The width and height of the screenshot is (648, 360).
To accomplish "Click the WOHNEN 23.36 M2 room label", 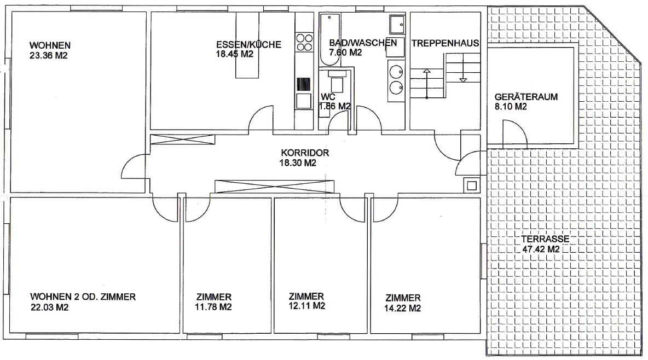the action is click(50, 50).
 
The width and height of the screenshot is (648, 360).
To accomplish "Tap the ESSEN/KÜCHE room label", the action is click(248, 45).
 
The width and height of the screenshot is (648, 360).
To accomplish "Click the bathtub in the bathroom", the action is click(330, 39).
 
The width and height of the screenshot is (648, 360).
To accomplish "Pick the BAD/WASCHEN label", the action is click(363, 43).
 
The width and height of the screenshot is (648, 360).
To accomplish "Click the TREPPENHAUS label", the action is click(445, 43).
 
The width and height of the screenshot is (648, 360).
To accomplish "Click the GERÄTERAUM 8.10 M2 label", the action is click(526, 101).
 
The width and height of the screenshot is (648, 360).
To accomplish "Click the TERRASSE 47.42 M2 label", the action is click(545, 244).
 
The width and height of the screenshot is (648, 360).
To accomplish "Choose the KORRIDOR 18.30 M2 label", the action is click(305, 158).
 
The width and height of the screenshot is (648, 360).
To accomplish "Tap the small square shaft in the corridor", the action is click(472, 185).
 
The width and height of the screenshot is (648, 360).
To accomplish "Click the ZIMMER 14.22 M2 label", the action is click(402, 303).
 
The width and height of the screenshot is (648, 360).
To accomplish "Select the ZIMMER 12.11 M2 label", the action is click(306, 301).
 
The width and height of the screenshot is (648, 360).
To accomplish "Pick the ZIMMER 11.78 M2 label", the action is click(213, 301).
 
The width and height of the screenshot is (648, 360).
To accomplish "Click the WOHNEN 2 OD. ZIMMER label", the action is click(83, 297).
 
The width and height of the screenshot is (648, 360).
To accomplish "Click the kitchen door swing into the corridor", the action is click(261, 119).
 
